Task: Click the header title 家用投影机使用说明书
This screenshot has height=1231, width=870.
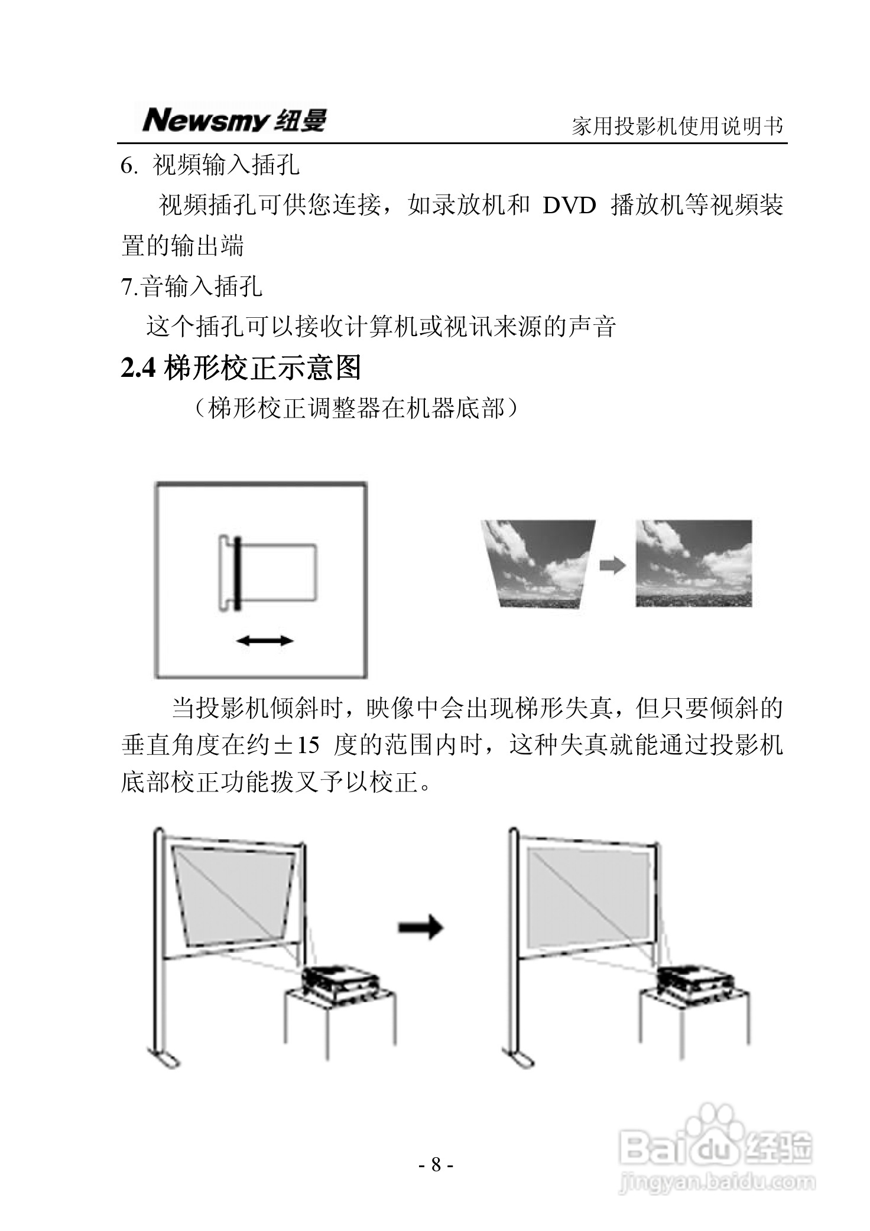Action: click(677, 126)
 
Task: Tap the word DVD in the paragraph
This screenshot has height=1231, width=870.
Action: click(569, 206)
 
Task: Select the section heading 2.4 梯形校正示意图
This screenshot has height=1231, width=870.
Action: click(241, 368)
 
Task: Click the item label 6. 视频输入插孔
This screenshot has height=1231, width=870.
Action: click(210, 165)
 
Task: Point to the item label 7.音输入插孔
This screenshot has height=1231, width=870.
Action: click(191, 286)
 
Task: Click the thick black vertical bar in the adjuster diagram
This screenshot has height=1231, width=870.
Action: click(237, 573)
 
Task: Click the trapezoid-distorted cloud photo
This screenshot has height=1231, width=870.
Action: click(537, 563)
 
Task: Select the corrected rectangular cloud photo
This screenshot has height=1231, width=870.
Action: click(693, 563)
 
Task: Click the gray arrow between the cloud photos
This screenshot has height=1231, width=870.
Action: click(612, 565)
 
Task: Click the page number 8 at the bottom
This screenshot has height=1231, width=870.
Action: click(436, 1164)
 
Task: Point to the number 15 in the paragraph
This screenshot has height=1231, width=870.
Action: click(307, 745)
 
